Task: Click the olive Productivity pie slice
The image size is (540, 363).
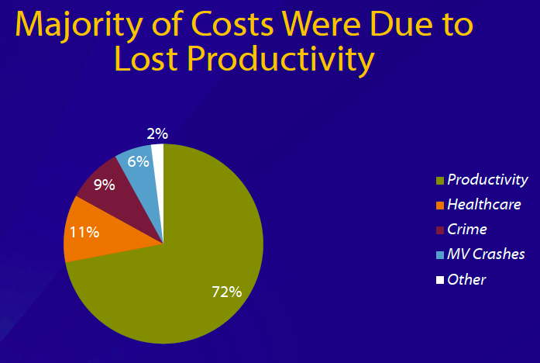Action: [x=194, y=264]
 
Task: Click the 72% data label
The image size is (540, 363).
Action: [x=227, y=292]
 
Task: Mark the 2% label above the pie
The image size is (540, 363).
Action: [x=157, y=133]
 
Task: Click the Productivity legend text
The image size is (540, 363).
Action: [x=487, y=180]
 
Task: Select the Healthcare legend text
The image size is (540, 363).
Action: [x=483, y=205]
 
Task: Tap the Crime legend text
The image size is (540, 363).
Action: [x=467, y=230]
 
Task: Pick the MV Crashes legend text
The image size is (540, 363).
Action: [x=486, y=254]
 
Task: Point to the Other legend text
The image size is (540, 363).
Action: [x=466, y=279]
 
